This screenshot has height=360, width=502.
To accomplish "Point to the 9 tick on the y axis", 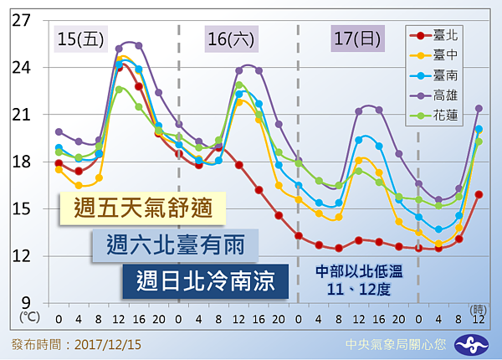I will coord(25,303).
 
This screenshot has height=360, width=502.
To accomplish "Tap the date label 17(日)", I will coord(356,38).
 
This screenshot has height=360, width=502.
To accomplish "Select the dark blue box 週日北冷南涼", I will coord(206,281).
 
